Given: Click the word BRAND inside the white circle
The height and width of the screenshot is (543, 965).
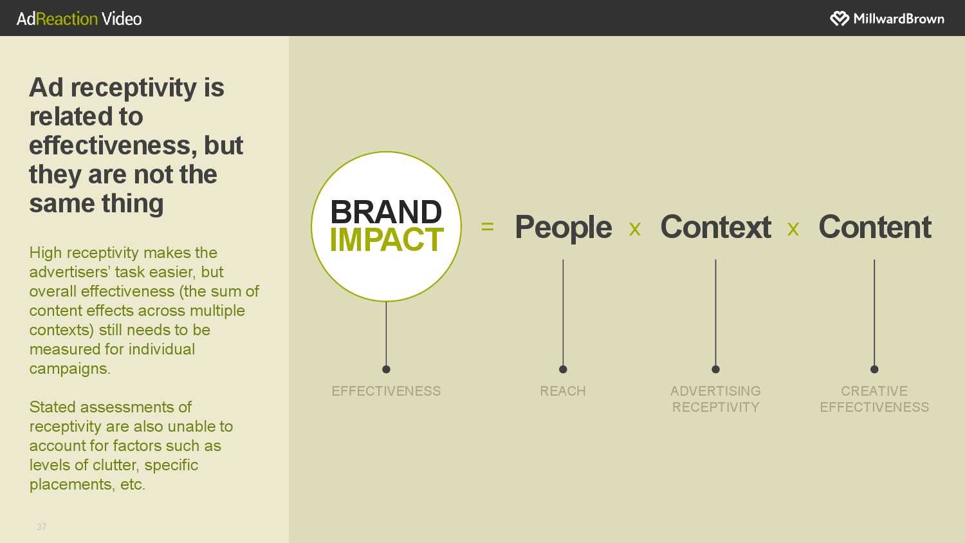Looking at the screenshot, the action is [386, 212].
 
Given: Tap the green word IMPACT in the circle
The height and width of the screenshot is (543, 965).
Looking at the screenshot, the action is [387, 239].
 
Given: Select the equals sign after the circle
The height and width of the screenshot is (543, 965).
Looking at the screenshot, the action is [487, 226].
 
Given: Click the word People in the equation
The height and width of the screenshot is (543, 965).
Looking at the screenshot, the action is [563, 227].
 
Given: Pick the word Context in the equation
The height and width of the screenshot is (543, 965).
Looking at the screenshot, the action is [715, 226].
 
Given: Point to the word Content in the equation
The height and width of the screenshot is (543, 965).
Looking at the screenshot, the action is [874, 226].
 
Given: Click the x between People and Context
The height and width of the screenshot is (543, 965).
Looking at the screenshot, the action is [634, 229].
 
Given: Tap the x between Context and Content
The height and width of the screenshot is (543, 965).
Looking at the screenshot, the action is [793, 229].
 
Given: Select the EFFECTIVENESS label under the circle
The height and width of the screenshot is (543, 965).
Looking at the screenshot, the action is [386, 391].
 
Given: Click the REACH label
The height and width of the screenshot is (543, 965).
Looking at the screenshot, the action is [563, 391].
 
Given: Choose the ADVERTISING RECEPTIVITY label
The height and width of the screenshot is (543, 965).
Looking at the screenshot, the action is [715, 399].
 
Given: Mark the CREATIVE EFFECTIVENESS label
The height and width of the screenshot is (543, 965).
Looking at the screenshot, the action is [874, 399].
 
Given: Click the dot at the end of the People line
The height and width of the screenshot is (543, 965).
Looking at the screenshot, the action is [563, 369].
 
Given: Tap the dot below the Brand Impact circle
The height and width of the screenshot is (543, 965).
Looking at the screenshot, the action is [386, 369].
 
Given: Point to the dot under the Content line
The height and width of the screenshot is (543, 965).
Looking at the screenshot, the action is [874, 369].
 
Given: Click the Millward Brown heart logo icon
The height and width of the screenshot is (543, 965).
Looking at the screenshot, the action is [839, 19].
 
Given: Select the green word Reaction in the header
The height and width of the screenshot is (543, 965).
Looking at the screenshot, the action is [67, 19].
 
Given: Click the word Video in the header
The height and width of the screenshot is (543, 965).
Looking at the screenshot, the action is [122, 19].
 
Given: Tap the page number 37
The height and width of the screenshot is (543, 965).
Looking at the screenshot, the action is [41, 527].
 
